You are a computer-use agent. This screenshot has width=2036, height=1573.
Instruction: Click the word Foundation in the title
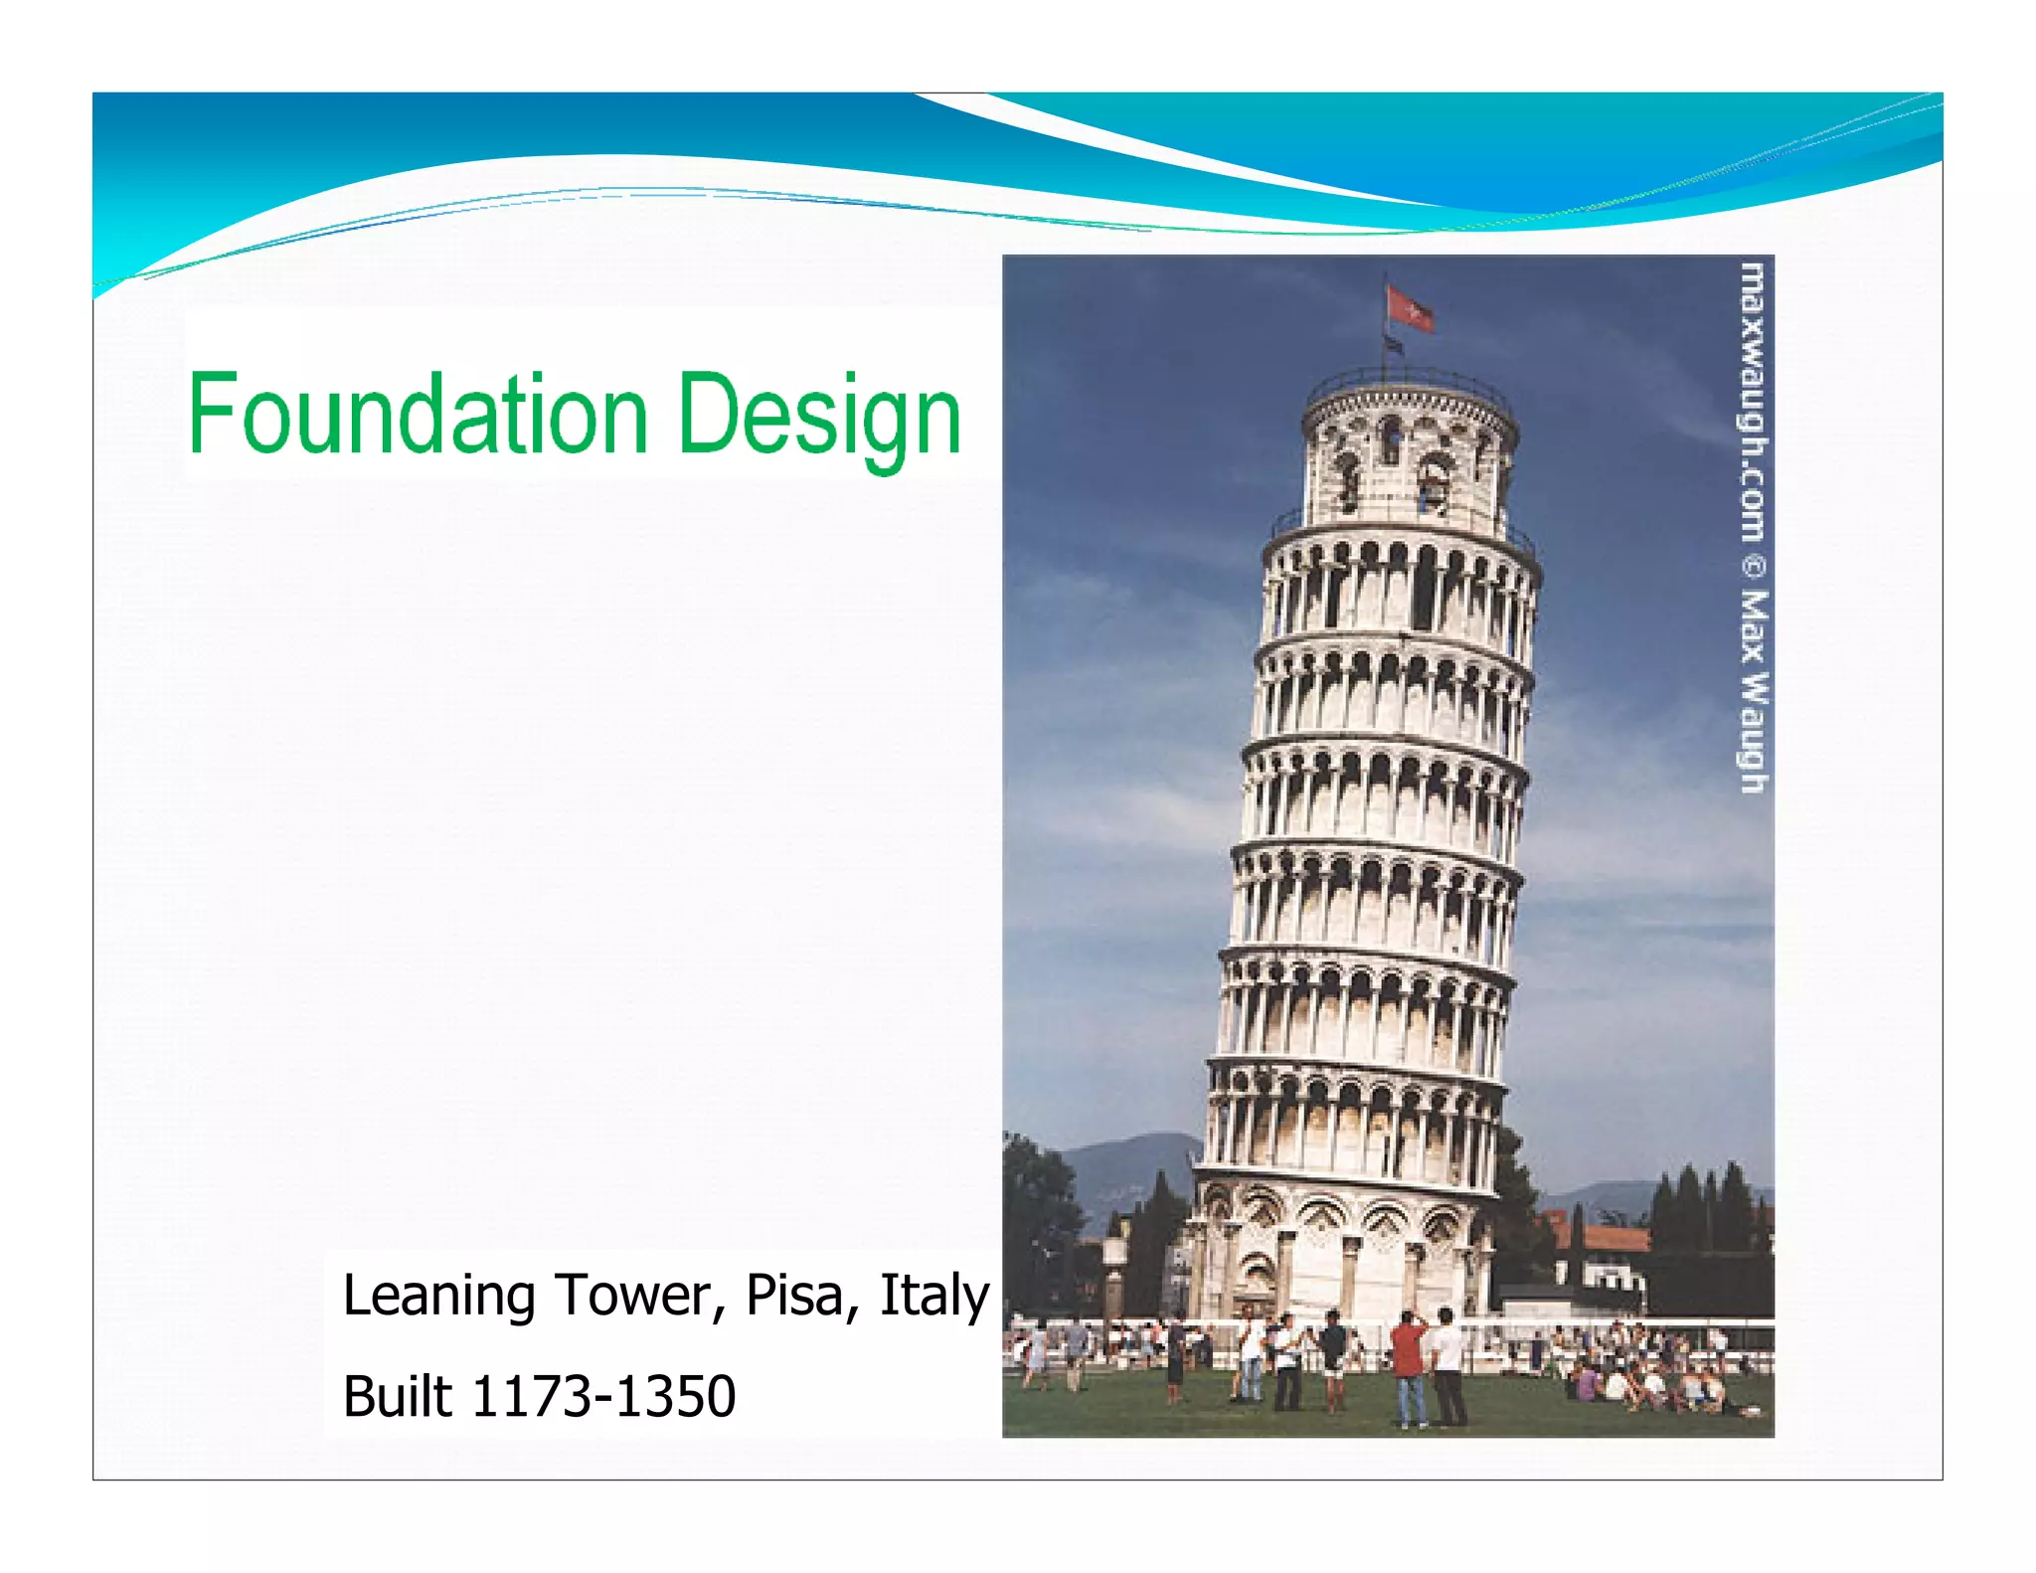pos(418,414)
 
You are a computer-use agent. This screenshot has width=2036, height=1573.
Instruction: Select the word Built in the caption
pos(397,1396)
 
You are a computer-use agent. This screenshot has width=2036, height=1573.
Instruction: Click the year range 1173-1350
pos(603,1396)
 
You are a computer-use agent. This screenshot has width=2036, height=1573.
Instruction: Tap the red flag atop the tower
pos(1410,308)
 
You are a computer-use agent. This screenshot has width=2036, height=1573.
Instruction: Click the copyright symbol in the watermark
pos(1753,567)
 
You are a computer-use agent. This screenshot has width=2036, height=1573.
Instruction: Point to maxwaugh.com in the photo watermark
pos(1753,402)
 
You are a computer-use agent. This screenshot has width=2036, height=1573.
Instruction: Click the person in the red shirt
pos(1409,1362)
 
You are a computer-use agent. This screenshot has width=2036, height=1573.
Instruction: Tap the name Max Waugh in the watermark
pos(1753,690)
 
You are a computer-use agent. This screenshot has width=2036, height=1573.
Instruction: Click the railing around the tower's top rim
pos(1410,382)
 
